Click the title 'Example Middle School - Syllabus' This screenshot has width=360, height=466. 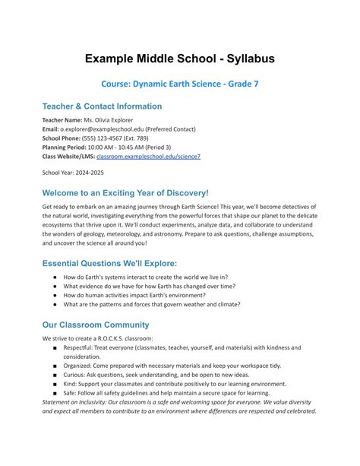[179, 59]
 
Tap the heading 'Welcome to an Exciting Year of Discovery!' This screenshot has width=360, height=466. [125, 193]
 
